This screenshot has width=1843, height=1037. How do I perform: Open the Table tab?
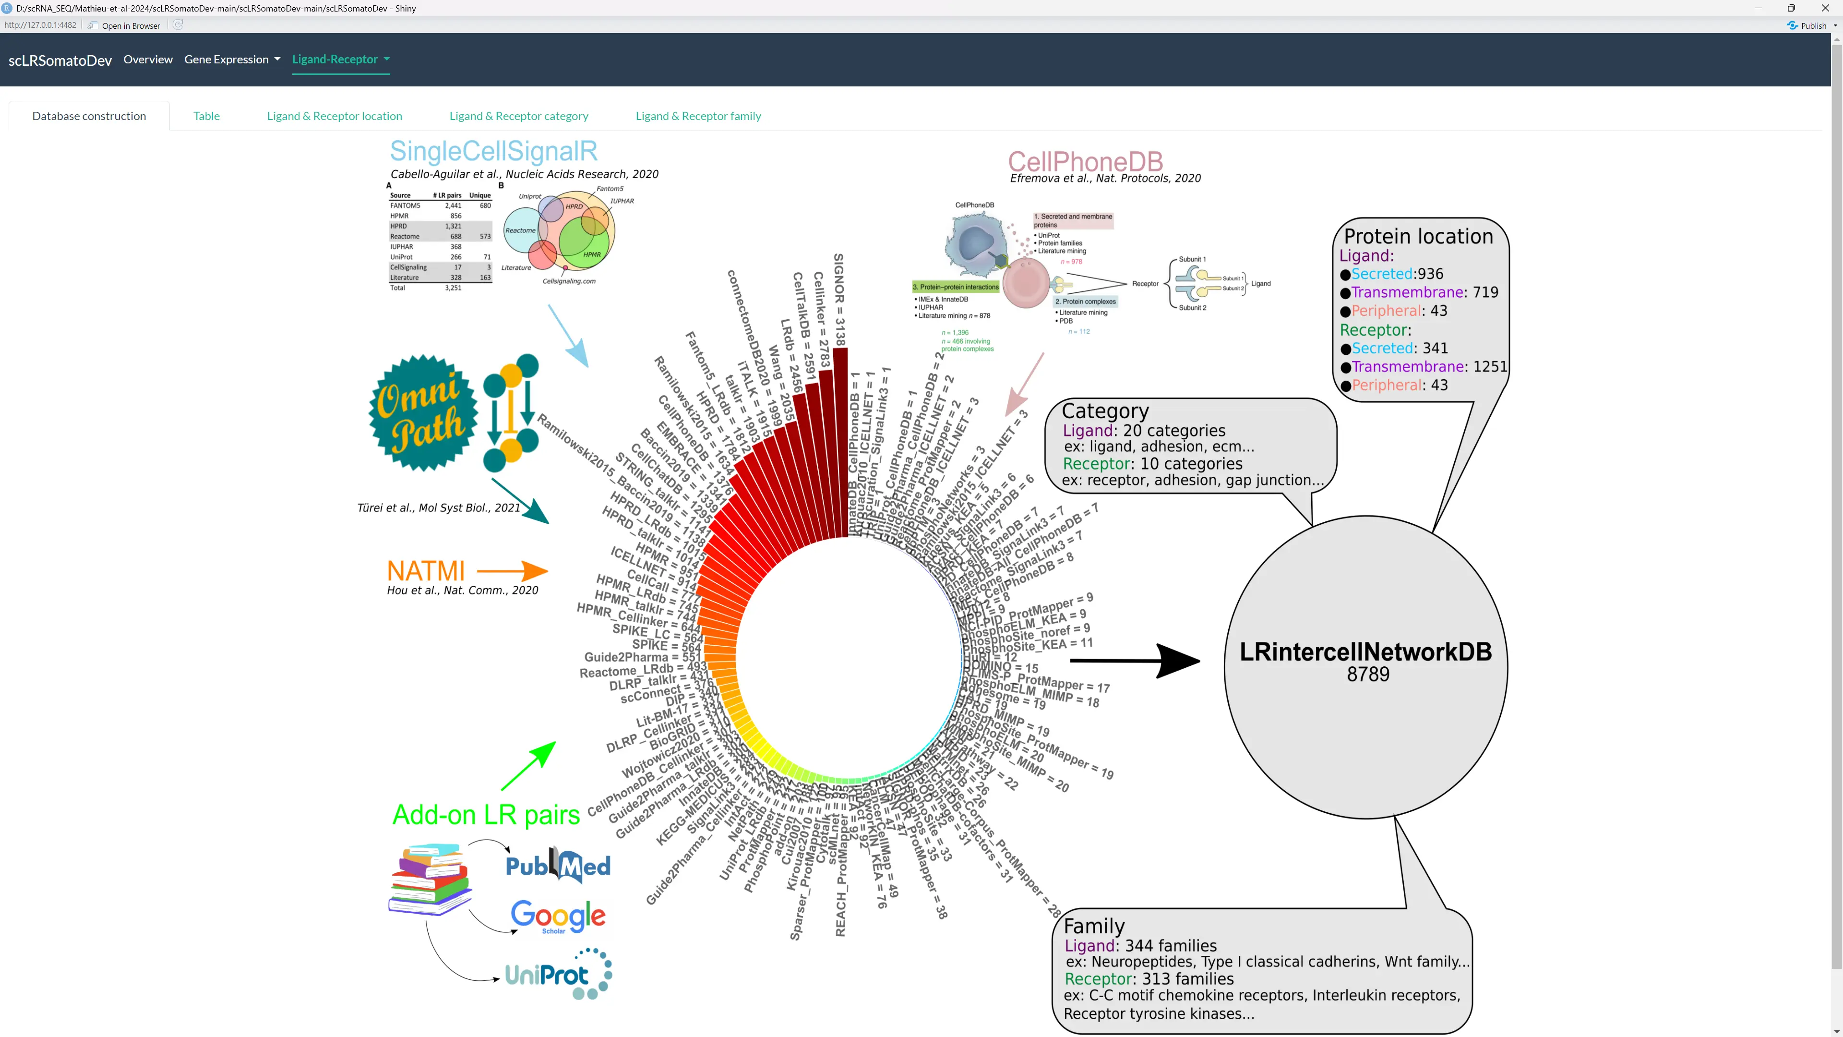pyautogui.click(x=206, y=116)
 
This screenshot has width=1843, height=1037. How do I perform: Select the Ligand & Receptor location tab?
pyautogui.click(x=334, y=116)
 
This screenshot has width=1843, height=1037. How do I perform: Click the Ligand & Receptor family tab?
pyautogui.click(x=697, y=116)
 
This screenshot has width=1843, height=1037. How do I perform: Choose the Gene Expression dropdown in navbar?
pyautogui.click(x=232, y=60)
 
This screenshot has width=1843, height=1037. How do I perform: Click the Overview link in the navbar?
pyautogui.click(x=148, y=60)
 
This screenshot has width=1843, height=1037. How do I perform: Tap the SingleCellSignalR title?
pyautogui.click(x=493, y=151)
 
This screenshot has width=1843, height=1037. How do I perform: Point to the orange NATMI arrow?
pyautogui.click(x=512, y=571)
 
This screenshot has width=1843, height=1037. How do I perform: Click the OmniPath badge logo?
pyautogui.click(x=423, y=413)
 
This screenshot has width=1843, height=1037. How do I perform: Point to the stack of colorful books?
pyautogui.click(x=429, y=879)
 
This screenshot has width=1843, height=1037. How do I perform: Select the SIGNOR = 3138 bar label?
pyautogui.click(x=839, y=299)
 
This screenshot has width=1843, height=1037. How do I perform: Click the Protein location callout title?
pyautogui.click(x=1418, y=236)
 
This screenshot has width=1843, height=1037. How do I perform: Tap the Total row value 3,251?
pyautogui.click(x=453, y=288)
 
